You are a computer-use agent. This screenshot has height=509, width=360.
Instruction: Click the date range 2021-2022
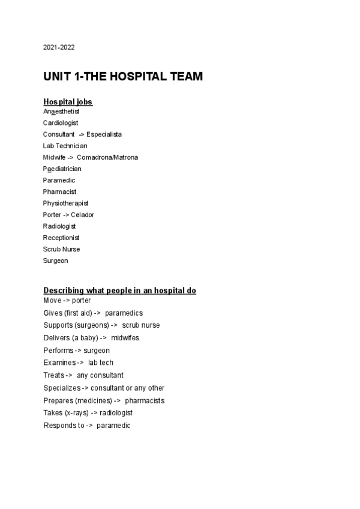[x=59, y=47]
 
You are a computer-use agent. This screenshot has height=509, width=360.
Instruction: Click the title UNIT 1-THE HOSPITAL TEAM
[x=123, y=77]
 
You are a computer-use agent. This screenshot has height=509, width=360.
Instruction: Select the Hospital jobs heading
[x=68, y=102]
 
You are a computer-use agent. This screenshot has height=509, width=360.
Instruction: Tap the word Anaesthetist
[x=61, y=111]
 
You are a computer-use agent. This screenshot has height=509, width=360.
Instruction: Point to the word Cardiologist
[x=61, y=122]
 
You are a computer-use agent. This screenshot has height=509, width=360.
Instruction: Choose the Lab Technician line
[x=65, y=145]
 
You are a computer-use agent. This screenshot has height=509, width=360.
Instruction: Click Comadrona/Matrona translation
[x=107, y=157]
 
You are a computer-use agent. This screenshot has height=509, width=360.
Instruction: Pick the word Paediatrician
[x=62, y=169]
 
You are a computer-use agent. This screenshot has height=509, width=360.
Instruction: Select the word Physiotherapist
[x=65, y=203]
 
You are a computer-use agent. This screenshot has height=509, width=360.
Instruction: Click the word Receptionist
[x=61, y=238]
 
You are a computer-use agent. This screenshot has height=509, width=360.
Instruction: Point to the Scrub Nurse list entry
[x=61, y=249]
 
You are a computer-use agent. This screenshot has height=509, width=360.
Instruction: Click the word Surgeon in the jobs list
[x=55, y=261]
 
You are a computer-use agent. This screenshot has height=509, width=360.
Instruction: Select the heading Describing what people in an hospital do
[x=120, y=291]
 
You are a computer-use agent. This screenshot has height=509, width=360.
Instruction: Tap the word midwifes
[x=125, y=337]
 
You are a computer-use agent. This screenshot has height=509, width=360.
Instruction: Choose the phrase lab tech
[x=100, y=363]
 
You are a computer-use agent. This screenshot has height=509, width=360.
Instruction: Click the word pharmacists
[x=145, y=400]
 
